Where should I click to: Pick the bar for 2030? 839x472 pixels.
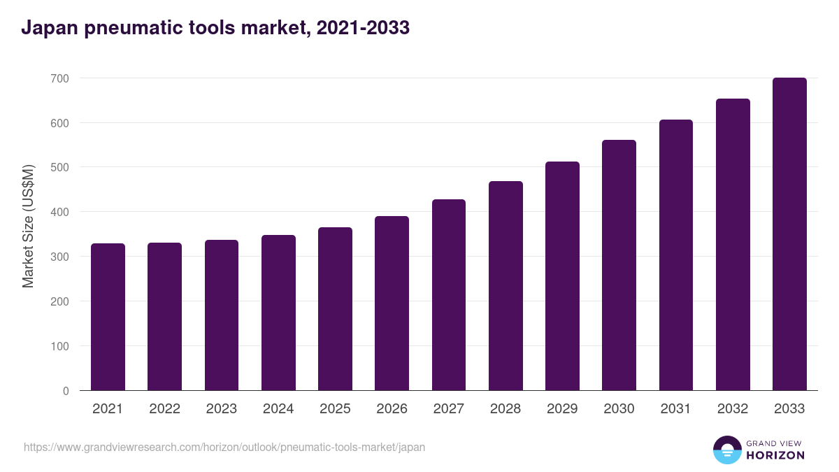[619, 265]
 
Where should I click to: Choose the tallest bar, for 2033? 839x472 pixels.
[789, 234]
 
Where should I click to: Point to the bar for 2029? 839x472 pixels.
[562, 276]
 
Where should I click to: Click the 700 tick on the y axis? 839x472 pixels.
[61, 78]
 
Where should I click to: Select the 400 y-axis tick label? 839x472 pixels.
[61, 212]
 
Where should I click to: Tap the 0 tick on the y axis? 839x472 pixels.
[66, 391]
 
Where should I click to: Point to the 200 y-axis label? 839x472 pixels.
[61, 301]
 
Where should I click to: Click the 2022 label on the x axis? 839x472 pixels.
[164, 409]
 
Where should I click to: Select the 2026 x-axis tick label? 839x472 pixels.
[392, 409]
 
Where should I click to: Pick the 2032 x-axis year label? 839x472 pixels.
[733, 409]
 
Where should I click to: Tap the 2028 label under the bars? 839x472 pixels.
[505, 409]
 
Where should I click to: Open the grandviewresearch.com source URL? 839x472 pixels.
[224, 447]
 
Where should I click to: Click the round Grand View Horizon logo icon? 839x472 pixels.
[726, 450]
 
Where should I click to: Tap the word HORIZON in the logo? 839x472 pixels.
[775, 455]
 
